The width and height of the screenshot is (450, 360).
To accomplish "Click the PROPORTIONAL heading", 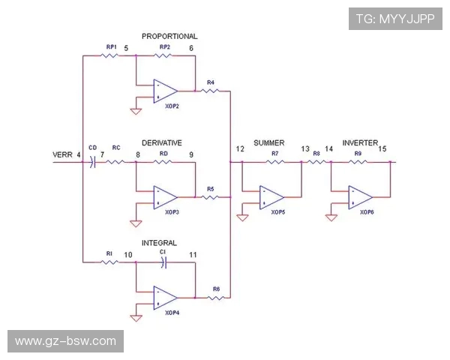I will (169, 36).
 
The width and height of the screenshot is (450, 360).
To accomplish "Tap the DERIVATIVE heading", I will (162, 142).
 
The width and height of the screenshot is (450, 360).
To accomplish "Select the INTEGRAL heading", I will (159, 244).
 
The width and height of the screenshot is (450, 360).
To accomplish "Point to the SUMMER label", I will (269, 142).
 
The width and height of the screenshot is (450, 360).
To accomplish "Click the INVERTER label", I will (359, 142).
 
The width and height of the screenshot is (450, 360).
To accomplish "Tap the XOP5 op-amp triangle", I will (271, 197).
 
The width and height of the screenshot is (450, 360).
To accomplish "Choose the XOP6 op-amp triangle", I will (360, 197).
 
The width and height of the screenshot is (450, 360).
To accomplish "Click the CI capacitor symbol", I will (166, 262).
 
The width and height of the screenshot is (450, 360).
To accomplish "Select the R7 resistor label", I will (274, 154).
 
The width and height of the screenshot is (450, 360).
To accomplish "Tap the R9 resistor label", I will (358, 154).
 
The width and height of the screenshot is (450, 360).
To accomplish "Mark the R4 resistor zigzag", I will (211, 91).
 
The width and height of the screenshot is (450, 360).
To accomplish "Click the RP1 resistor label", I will (110, 48).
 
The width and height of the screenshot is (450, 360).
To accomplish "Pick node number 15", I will (382, 149).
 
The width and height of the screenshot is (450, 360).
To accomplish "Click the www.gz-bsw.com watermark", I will (66, 341).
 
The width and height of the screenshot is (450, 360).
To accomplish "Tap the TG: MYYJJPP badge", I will (394, 18).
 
